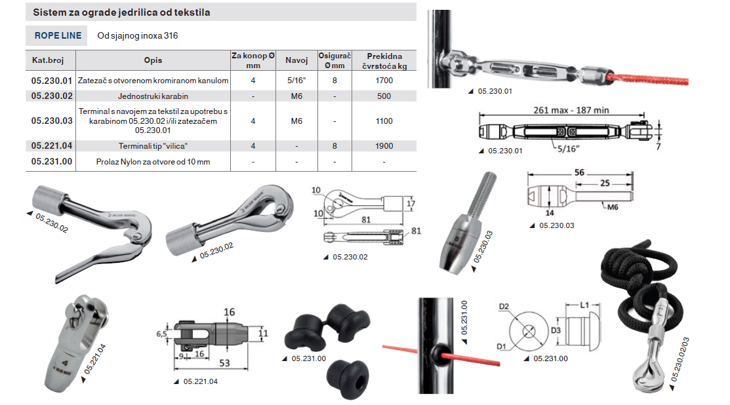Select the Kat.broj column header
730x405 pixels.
click(x=47, y=60)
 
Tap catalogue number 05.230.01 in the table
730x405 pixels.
click(x=52, y=81)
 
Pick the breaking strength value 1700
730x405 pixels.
click(x=384, y=81)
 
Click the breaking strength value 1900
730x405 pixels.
click(x=384, y=146)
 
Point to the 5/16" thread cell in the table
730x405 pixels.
click(x=296, y=81)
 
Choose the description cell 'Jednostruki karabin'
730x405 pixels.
click(x=153, y=96)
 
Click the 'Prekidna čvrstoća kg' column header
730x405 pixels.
click(x=384, y=61)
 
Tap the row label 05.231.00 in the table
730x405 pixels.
click(x=52, y=162)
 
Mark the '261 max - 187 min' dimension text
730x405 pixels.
click(x=571, y=110)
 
